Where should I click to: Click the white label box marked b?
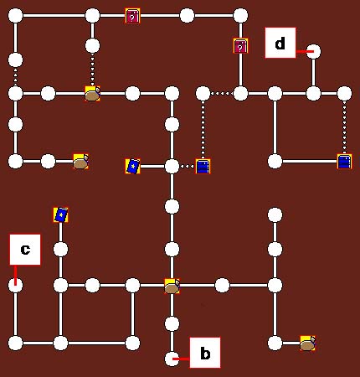tap(205, 353)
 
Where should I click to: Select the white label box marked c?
tap(25, 250)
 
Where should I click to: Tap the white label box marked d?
tap(280, 43)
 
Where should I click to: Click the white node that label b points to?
tap(172, 359)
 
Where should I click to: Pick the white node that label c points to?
tap(15, 286)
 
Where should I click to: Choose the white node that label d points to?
tap(314, 51)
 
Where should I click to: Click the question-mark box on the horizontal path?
tap(132, 16)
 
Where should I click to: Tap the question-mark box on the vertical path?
tap(240, 46)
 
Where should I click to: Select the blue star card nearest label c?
tap(60, 215)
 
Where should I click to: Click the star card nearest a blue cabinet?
tap(132, 166)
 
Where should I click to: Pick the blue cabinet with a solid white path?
tap(344, 162)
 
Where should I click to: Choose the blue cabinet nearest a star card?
tap(203, 166)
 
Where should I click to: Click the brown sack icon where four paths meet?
tap(172, 287)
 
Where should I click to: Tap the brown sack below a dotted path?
tap(93, 94)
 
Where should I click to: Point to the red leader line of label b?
tap(183, 359)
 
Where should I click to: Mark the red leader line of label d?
tap(305, 51)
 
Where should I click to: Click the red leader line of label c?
tap(15, 275)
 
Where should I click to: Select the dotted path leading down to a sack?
tap(93, 70)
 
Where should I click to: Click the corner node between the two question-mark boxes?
tap(240, 16)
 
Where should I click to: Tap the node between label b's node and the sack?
tap(172, 324)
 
